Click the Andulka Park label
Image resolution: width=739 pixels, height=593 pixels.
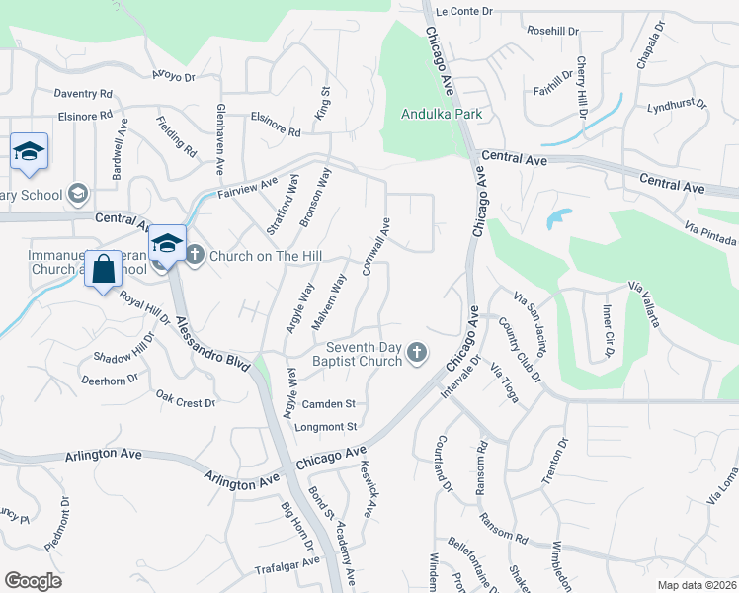(x=441, y=115)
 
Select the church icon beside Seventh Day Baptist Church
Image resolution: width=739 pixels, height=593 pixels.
(x=418, y=352)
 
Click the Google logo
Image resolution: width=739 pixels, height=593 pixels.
(x=33, y=581)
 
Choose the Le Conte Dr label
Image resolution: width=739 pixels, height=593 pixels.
(x=463, y=11)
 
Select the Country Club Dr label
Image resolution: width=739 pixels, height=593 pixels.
(x=520, y=350)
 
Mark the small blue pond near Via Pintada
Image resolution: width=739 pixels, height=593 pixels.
(x=557, y=218)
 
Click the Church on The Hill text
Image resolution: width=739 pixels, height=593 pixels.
(x=267, y=256)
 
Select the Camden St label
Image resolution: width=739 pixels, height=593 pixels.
(x=328, y=404)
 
